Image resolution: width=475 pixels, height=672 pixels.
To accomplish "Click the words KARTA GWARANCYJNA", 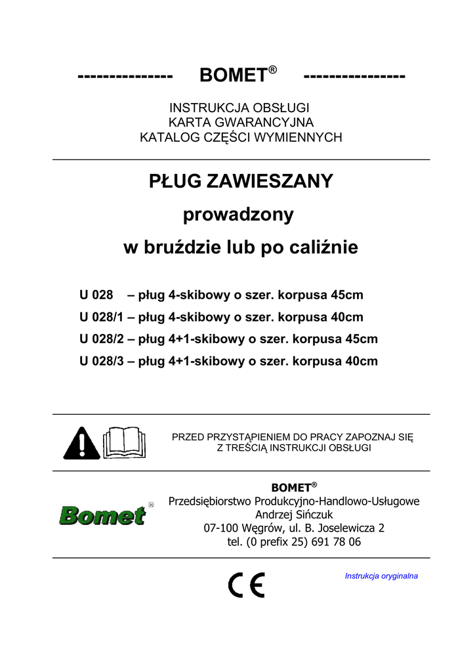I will [241, 123].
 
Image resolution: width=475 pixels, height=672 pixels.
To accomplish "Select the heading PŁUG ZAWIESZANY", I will [241, 181].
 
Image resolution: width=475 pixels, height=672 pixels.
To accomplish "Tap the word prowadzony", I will [237, 215].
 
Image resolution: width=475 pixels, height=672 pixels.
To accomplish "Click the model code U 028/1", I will [102, 317].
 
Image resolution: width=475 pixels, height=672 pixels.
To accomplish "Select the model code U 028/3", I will [102, 361].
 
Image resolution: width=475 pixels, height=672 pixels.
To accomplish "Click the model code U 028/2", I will [102, 339].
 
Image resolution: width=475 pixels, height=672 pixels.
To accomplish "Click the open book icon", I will [125, 442].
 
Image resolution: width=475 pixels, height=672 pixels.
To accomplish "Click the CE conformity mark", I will [246, 585].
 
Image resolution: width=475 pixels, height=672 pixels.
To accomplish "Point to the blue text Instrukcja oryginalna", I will [381, 576].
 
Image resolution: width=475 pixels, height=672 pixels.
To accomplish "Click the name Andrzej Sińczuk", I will [294, 514].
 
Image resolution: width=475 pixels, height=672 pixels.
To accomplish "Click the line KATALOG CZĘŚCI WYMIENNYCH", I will [241, 137].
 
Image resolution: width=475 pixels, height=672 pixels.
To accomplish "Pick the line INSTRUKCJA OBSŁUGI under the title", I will [240, 108].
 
